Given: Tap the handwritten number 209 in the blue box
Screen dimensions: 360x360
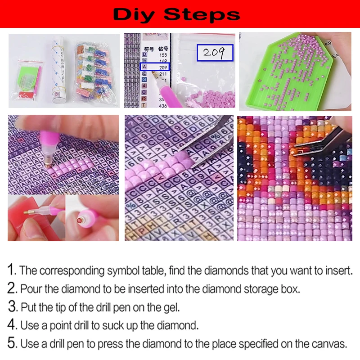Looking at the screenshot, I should click(214, 52).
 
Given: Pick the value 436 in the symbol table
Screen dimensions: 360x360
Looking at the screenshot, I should click(163, 105).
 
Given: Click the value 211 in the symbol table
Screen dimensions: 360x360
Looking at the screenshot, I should click(163, 74).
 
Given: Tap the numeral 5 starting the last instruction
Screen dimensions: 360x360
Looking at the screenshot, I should click(12, 344).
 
